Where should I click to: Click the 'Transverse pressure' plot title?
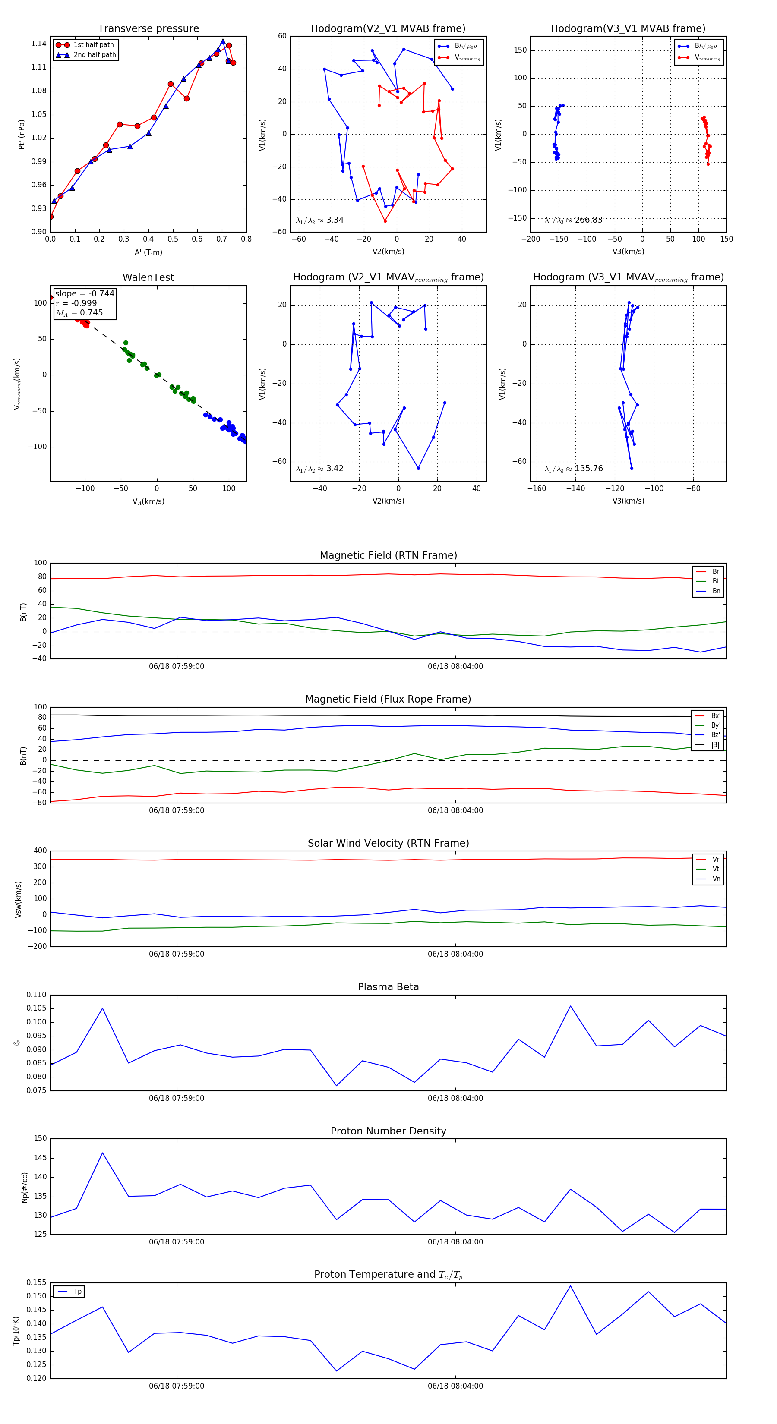point(148,29)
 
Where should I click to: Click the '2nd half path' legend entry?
point(95,55)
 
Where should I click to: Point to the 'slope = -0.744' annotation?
point(85,293)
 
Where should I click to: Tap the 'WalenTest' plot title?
point(148,277)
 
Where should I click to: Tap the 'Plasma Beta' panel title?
point(388,987)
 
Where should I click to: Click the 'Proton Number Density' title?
point(388,1131)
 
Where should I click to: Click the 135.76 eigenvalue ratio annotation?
point(588,468)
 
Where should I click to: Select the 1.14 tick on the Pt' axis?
point(39,44)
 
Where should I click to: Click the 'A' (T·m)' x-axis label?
point(148,252)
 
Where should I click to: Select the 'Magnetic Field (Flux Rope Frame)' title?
point(388,699)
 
